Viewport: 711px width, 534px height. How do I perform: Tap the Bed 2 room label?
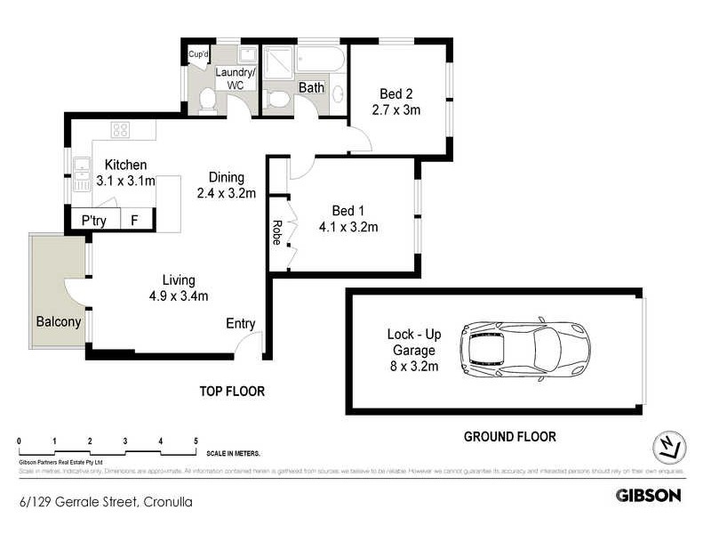click(x=395, y=93)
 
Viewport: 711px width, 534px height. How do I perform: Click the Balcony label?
click(x=59, y=321)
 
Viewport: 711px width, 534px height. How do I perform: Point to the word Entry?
click(x=241, y=323)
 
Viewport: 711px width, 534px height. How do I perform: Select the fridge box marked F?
click(x=134, y=220)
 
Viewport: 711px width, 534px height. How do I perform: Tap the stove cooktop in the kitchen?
click(x=120, y=130)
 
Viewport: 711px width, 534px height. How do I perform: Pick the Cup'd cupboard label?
click(x=197, y=55)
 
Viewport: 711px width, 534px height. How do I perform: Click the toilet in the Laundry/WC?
click(x=207, y=101)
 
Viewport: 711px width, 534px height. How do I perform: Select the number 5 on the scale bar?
click(x=196, y=441)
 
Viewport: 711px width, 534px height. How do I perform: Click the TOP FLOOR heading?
click(x=232, y=391)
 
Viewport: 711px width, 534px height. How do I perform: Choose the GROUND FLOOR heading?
click(x=510, y=436)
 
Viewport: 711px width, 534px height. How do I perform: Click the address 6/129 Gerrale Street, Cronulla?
click(x=105, y=501)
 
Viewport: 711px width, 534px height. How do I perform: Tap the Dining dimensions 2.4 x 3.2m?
click(x=227, y=192)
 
